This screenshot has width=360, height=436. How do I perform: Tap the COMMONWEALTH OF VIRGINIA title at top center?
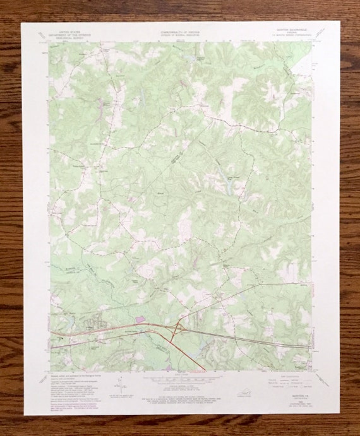(179, 29)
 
